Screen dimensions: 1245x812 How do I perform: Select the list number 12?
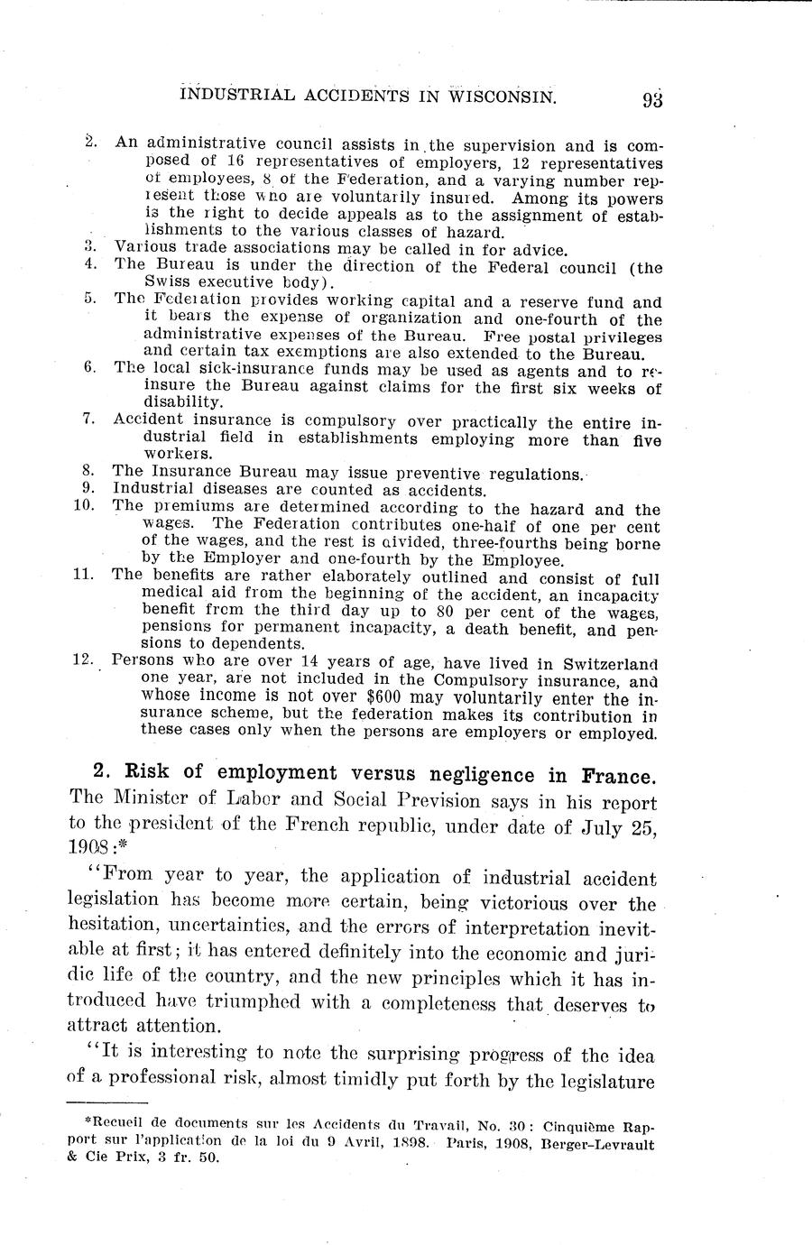coord(83,659)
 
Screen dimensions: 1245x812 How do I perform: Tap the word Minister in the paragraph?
coord(148,801)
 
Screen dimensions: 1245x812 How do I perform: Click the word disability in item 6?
coord(180,401)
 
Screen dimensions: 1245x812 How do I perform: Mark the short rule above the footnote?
coord(107,1102)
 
